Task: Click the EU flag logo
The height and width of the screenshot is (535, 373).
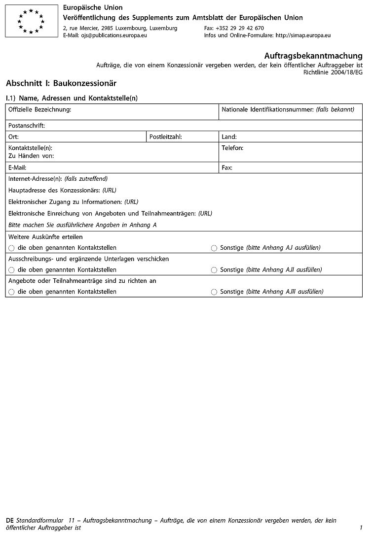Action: point(31,21)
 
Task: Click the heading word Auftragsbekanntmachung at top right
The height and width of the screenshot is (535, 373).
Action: point(313,56)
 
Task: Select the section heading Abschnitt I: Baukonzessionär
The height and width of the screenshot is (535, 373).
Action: point(61,83)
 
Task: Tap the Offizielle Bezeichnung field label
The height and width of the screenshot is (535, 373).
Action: point(40,109)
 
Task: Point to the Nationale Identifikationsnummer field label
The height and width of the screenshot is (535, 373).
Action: point(288,109)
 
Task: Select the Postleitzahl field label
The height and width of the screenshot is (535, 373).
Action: point(166,136)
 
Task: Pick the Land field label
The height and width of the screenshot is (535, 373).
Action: point(229,136)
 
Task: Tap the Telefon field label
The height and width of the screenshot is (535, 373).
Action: point(232,147)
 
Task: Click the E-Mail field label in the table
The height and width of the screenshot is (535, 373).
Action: point(17,167)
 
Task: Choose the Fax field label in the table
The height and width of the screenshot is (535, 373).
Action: point(227,167)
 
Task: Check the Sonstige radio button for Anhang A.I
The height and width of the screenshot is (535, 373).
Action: point(214,248)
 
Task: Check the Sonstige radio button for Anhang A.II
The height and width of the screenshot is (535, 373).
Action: point(214,270)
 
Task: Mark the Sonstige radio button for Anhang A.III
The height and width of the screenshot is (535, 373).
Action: point(214,292)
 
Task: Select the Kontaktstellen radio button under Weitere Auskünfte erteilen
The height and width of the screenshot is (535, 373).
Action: point(11,248)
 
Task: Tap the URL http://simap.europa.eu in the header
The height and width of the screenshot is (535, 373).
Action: point(303,35)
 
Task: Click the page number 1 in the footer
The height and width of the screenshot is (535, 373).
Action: point(361,528)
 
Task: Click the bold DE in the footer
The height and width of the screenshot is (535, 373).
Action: point(10,520)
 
